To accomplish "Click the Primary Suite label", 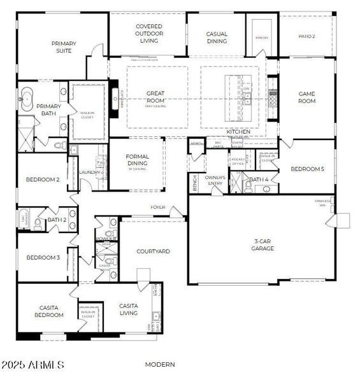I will [x=64, y=47].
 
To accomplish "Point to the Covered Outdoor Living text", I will [x=148, y=34].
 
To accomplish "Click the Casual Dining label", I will [x=217, y=38].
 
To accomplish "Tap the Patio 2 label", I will [x=307, y=37].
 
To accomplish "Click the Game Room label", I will [x=307, y=97].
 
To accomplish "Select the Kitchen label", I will [x=239, y=132].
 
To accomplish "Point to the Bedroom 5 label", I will [x=307, y=169].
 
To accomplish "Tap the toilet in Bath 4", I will [x=248, y=187].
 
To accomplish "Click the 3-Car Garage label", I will [x=263, y=244].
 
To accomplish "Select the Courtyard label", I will [x=154, y=251].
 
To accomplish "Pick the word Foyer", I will [x=158, y=208].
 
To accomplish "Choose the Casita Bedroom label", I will [x=48, y=311].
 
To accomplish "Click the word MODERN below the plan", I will [x=161, y=365].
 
